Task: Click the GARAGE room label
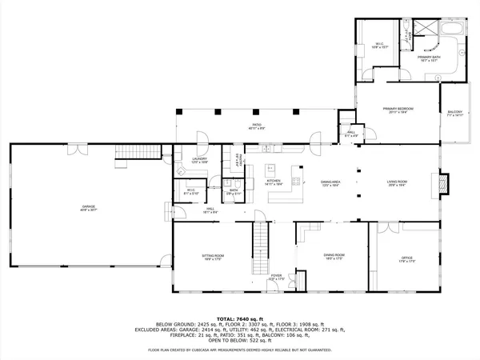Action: tap(88, 207)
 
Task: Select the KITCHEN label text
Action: tap(274, 182)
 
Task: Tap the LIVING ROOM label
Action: tap(398, 182)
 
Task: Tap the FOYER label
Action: tap(276, 276)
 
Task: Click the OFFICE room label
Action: tap(406, 258)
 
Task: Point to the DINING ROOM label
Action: tap(333, 256)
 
